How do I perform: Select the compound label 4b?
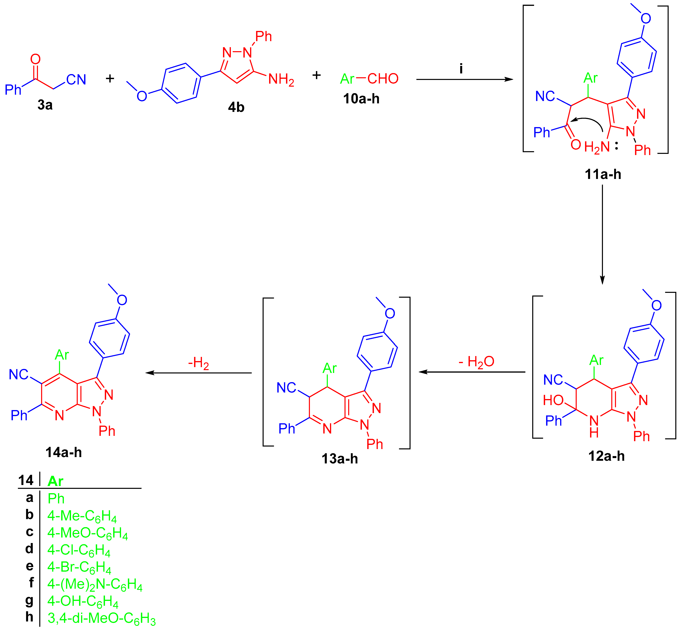(236, 107)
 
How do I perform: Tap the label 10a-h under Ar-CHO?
(361, 99)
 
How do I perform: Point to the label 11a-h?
(603, 174)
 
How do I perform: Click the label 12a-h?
(606, 456)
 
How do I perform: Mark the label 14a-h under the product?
(64, 452)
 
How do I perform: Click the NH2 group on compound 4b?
(281, 80)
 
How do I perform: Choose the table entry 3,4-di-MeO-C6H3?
(101, 618)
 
